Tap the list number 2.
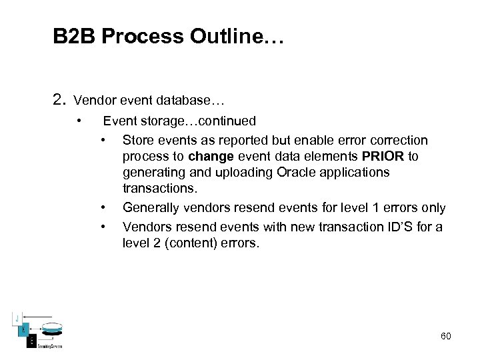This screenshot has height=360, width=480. [59, 100]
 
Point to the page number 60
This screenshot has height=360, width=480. [445, 336]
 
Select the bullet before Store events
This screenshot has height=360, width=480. [103, 141]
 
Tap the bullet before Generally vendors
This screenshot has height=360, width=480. [103, 209]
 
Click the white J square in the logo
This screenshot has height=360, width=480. [18, 317]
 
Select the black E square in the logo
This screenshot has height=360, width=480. [31, 340]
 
